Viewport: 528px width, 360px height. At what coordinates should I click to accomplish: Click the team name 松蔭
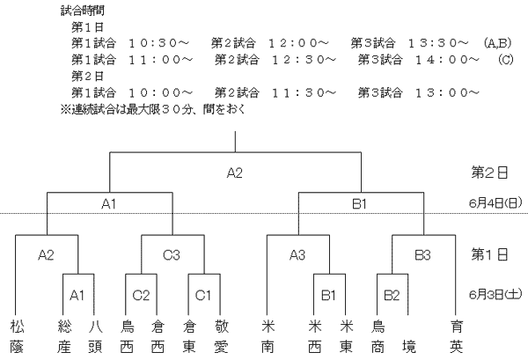click(x=17, y=336)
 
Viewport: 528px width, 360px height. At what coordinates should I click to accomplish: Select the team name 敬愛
click(x=221, y=336)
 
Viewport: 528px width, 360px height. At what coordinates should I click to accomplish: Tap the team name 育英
click(x=456, y=336)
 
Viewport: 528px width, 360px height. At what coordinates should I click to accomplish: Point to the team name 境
click(x=409, y=347)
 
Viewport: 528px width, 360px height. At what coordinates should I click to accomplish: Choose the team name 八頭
click(x=95, y=336)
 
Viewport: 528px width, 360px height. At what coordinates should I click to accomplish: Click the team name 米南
click(x=268, y=336)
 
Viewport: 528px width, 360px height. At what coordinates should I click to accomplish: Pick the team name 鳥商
click(x=378, y=336)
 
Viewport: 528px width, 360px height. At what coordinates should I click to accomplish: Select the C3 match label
click(x=172, y=255)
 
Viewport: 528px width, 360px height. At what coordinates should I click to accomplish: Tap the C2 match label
click(x=141, y=296)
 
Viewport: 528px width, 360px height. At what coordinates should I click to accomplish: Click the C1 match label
click(x=203, y=296)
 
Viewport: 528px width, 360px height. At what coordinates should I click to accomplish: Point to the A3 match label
click(x=297, y=255)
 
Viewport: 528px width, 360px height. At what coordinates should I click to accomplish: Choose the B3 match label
click(x=422, y=255)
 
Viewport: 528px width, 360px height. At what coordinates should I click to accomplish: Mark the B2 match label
click(x=392, y=296)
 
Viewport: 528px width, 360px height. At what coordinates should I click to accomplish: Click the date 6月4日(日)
click(x=495, y=203)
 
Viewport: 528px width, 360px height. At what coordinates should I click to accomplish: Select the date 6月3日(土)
click(x=495, y=295)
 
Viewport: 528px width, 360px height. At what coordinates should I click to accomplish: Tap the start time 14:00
click(x=442, y=60)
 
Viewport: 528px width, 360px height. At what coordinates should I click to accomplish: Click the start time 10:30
click(x=153, y=43)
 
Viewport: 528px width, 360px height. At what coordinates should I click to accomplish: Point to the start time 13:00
click(x=442, y=92)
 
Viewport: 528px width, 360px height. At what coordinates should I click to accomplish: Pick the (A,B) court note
click(x=497, y=43)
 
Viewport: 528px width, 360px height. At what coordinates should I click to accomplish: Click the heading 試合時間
click(x=83, y=11)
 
